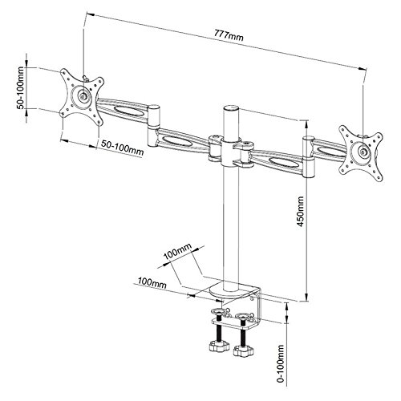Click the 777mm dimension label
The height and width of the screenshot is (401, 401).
(x=229, y=34)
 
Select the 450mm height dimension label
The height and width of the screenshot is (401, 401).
(x=301, y=212)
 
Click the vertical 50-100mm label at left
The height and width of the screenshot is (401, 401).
(x=21, y=87)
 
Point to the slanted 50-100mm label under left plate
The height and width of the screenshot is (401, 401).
(x=122, y=148)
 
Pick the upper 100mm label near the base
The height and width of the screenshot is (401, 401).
(x=177, y=251)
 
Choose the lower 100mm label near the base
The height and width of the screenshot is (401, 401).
(x=152, y=283)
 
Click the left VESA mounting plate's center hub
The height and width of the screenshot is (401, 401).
(x=83, y=95)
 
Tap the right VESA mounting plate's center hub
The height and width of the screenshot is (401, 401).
(x=362, y=152)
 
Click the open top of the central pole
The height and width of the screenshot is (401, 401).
(x=231, y=108)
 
